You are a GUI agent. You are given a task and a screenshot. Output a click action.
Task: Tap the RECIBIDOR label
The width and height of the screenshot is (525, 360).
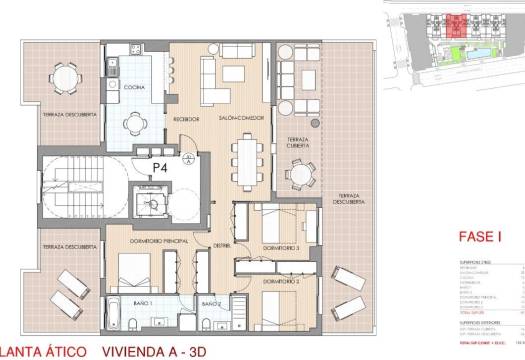pos(188,119)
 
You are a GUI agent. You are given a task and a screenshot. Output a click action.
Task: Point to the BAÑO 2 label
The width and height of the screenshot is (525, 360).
pos(210,301)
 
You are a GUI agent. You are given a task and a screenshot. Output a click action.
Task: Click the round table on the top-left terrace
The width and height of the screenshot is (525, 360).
pos(67,75)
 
